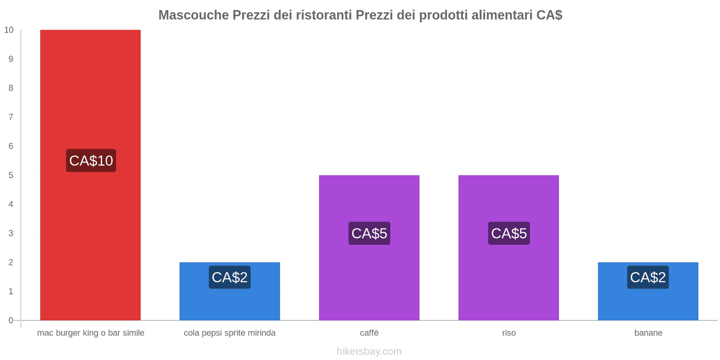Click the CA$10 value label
point(91,161)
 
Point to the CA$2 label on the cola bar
point(229,277)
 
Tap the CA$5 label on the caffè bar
point(369,234)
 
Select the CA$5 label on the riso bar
point(508,234)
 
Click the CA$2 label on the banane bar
point(648,277)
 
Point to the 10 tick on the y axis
point(9,30)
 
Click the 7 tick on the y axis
point(11,117)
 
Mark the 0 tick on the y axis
point(11,320)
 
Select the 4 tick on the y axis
point(11,204)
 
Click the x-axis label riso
point(509,333)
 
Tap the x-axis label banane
point(648,333)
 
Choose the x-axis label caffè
point(369,333)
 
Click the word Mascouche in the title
point(193,15)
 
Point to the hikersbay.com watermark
point(369,351)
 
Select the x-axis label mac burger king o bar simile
point(90,333)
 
